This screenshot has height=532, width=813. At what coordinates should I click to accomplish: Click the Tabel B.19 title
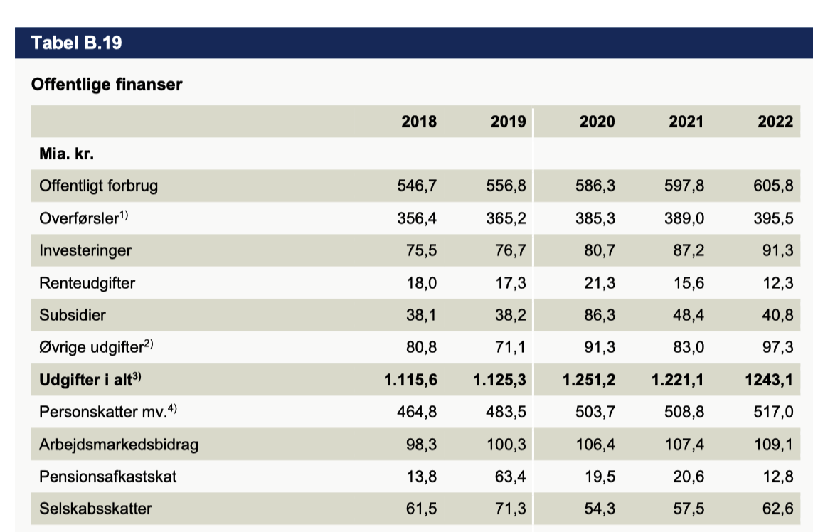tap(77, 43)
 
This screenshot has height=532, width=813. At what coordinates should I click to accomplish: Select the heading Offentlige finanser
tap(107, 84)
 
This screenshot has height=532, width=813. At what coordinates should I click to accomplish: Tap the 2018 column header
tap(419, 122)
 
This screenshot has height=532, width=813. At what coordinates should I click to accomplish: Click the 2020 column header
tap(597, 122)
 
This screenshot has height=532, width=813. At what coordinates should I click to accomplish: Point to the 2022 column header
tap(776, 122)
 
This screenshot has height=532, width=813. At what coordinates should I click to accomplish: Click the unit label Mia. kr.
tap(66, 154)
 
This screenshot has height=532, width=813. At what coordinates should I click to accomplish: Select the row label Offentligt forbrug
tap(99, 186)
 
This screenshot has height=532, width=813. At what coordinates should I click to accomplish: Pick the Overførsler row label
tap(83, 218)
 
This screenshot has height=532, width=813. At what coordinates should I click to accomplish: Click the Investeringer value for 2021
tap(689, 250)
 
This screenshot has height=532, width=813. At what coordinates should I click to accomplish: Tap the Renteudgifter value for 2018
tap(422, 282)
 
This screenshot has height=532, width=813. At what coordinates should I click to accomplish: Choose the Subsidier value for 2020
tap(600, 315)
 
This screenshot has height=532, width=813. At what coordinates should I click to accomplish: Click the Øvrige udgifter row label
tap(96, 346)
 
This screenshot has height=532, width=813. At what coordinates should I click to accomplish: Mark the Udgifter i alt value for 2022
tap(769, 380)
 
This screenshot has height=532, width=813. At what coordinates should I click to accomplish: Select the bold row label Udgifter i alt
tap(90, 379)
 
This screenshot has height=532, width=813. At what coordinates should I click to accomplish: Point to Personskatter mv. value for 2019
tap(506, 412)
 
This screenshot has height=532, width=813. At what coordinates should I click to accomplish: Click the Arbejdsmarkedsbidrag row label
tap(119, 445)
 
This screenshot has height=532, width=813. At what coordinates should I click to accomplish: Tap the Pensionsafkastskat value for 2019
tap(510, 476)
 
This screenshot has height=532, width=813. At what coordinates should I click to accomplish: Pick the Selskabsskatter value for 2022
tap(777, 508)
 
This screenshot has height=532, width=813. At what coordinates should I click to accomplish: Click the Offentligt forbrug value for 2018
tap(417, 186)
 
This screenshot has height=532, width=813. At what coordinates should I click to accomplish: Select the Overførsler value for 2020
tap(595, 218)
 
